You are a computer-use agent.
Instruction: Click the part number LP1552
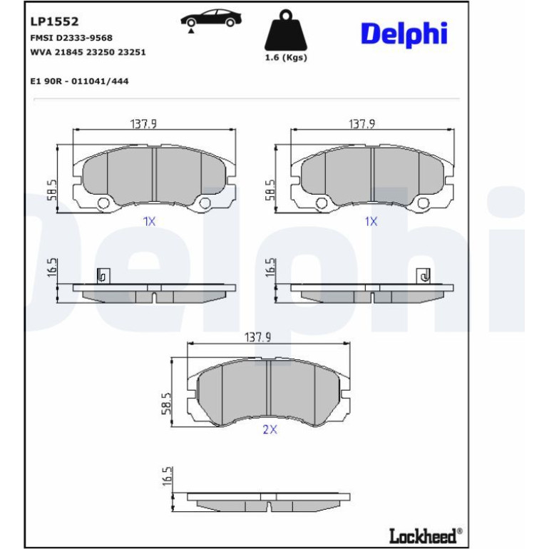click(x=54, y=21)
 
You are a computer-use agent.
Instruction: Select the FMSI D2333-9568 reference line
click(x=71, y=38)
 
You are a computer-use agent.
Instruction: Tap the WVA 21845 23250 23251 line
click(x=88, y=52)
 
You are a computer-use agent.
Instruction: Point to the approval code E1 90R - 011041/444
click(x=79, y=81)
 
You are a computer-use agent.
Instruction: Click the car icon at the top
click(x=211, y=20)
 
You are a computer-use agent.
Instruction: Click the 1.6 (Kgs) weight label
click(x=286, y=58)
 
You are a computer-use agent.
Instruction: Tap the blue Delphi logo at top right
click(x=404, y=34)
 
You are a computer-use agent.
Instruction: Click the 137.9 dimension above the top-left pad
click(x=143, y=124)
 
